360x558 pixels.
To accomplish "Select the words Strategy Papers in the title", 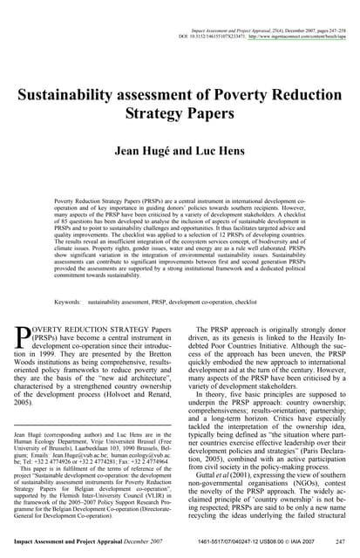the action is pos(179,114).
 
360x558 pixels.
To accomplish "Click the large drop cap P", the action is pos(24,338).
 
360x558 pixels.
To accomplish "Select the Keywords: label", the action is pos(68,301).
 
